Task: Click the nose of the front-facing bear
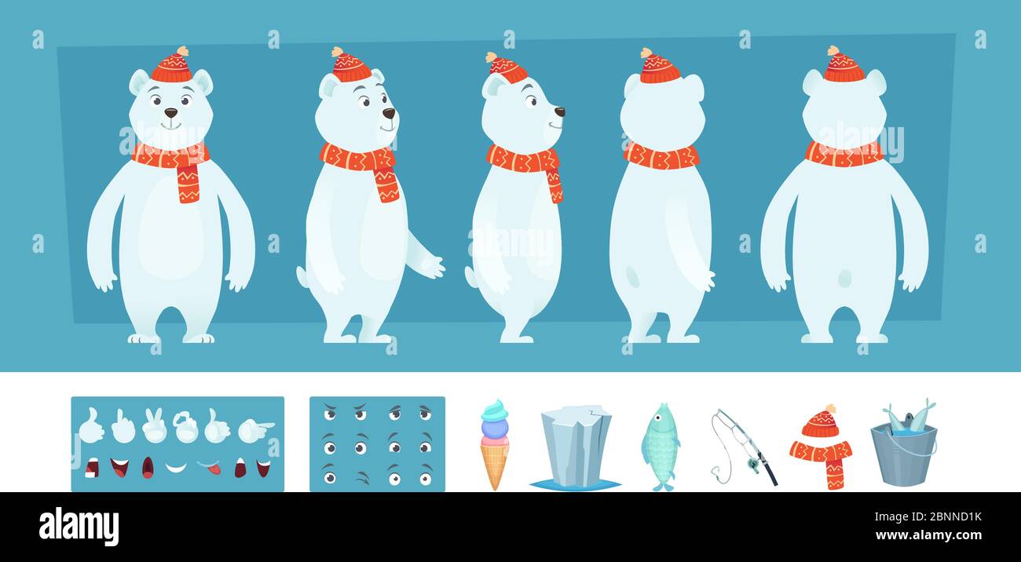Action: coord(170,113)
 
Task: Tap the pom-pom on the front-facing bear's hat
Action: coord(182,51)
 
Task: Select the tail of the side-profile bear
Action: coord(470,276)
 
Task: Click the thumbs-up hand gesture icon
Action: coord(91,426)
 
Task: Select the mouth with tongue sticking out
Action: coord(210,469)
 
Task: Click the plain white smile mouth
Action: coord(176,468)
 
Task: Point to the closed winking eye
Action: coord(360,476)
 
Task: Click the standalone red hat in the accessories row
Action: coord(820,423)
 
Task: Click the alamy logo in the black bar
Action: coord(79,527)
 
